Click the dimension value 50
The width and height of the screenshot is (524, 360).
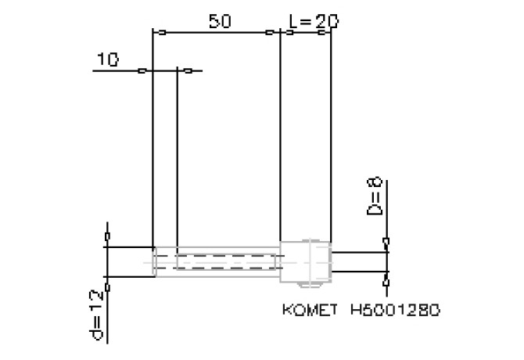coord(220,21)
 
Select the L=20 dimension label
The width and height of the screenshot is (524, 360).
coord(314,21)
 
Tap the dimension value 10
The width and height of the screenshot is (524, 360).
coord(108,59)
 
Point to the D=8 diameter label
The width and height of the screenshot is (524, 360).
coord(374,196)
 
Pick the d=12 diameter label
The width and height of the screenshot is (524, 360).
coord(96,315)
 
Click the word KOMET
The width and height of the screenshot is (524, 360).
coord(310,310)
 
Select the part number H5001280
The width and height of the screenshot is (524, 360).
coord(395,310)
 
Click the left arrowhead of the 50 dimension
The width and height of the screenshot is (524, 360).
coord(162,32)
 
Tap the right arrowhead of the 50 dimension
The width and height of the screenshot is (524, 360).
coord(270,32)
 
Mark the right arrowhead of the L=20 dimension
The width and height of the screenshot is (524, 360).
coord(321,32)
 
